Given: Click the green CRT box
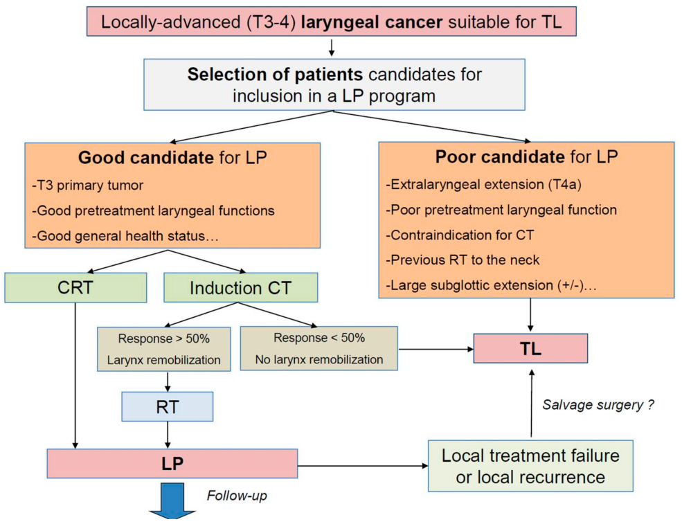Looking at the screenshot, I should pos(75,288).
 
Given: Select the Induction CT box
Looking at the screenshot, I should pos(240,288).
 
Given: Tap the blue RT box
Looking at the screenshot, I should pos(167,407).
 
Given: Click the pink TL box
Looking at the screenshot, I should pos(530,348).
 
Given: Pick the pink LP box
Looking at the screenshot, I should pos(172,463).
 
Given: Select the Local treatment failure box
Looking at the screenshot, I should pos(530,466).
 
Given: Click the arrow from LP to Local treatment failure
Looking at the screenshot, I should pos(362,465).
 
